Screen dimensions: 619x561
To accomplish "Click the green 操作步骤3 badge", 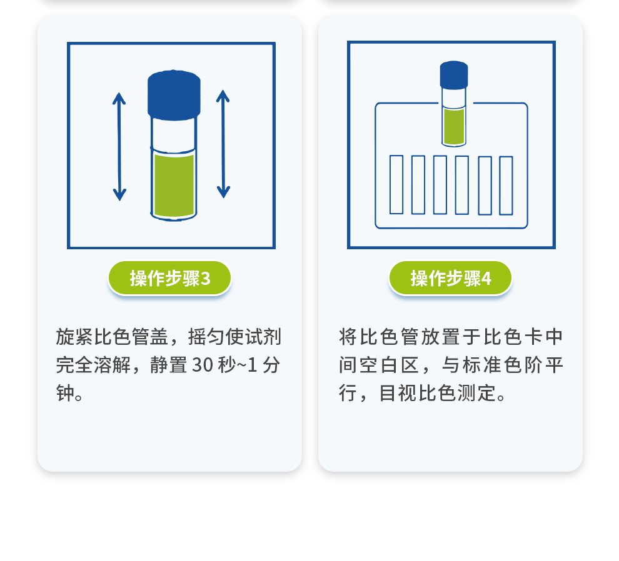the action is click(x=169, y=278).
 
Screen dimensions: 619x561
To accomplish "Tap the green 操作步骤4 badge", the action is click(x=450, y=278).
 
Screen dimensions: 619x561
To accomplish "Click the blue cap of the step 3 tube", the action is click(x=174, y=95).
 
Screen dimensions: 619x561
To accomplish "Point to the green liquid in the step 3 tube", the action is click(x=174, y=186).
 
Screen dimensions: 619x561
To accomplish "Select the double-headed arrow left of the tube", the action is click(x=119, y=147).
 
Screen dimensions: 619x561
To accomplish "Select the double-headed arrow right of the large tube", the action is click(x=223, y=144).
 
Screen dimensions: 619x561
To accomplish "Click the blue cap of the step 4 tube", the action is click(x=454, y=75).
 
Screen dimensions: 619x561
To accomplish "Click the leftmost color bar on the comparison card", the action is click(x=396, y=185).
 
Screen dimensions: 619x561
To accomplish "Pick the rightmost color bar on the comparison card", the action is click(x=506, y=186).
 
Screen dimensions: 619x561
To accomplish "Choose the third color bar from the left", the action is click(x=440, y=185).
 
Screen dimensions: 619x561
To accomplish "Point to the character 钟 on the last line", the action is click(x=65, y=393).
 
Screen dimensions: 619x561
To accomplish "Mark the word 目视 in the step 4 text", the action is click(x=398, y=393).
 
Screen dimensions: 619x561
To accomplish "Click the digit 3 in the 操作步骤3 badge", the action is click(x=206, y=279).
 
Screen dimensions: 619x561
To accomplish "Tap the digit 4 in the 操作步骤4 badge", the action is click(x=486, y=279).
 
